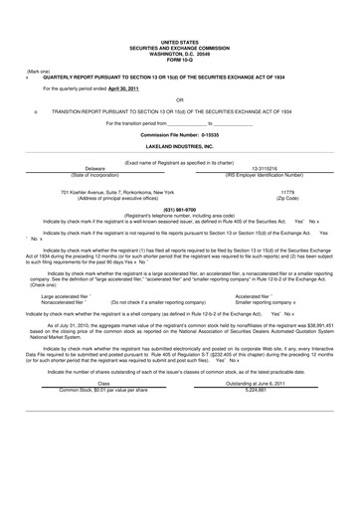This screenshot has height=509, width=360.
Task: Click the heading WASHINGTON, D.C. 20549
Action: tap(179, 54)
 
